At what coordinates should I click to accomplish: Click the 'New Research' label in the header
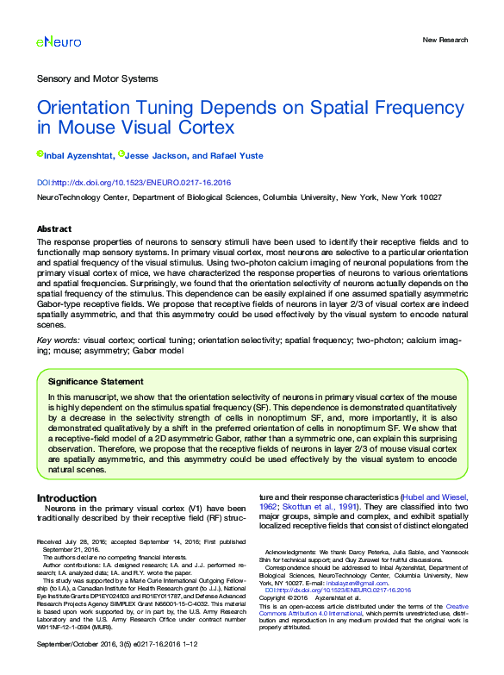(445, 41)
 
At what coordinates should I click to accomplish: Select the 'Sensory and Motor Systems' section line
(96, 78)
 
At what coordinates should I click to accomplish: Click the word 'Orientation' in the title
(87, 110)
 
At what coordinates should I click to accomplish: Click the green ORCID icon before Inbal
(40, 154)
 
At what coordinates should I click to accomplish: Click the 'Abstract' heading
(54, 229)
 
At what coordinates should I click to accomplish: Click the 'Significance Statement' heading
(95, 381)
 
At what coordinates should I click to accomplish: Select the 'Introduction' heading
(66, 498)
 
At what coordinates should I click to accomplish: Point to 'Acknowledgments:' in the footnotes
(292, 551)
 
